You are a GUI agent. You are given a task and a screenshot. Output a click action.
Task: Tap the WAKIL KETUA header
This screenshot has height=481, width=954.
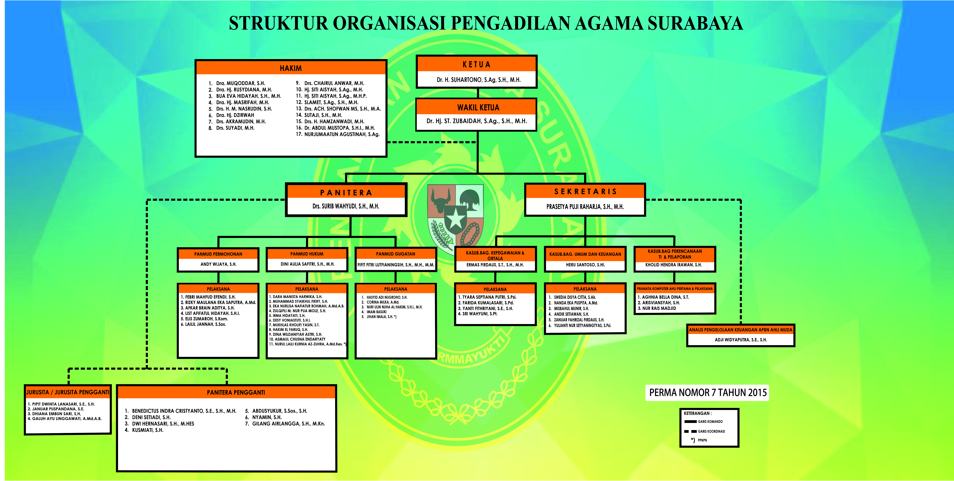click(x=478, y=107)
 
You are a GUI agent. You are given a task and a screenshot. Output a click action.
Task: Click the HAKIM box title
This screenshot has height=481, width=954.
click(x=291, y=68)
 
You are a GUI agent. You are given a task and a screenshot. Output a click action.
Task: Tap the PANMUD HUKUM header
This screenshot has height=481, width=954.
click(x=307, y=254)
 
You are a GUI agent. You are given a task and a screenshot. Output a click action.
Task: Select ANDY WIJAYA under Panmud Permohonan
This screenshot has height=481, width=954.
click(x=218, y=264)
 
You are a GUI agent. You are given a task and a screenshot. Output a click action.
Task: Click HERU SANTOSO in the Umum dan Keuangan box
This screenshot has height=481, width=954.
click(x=585, y=265)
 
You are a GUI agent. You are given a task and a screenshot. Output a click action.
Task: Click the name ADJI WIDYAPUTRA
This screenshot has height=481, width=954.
click(x=741, y=339)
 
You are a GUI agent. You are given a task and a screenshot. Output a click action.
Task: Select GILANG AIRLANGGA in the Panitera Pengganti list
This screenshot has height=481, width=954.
click(x=288, y=424)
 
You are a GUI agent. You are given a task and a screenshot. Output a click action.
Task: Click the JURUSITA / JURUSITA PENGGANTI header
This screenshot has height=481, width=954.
click(x=68, y=392)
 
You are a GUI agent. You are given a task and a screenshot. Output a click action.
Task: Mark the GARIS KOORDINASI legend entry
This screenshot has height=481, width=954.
click(x=711, y=431)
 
